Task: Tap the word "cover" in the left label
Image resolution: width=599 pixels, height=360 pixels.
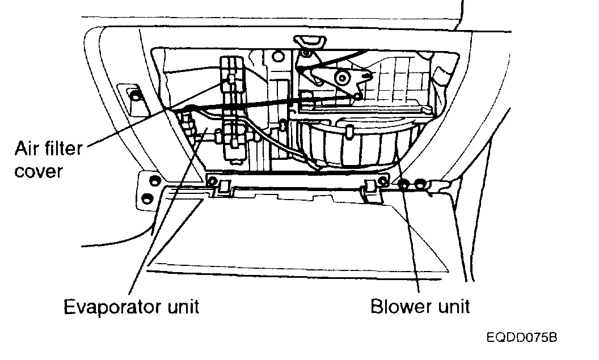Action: pos(38,171)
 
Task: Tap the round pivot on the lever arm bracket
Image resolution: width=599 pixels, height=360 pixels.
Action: pos(342,78)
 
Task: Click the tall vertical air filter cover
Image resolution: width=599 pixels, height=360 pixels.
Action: pos(233,108)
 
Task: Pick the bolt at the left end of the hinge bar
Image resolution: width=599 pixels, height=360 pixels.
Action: pos(212,181)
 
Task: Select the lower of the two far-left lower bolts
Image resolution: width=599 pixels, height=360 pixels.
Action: pos(148,198)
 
